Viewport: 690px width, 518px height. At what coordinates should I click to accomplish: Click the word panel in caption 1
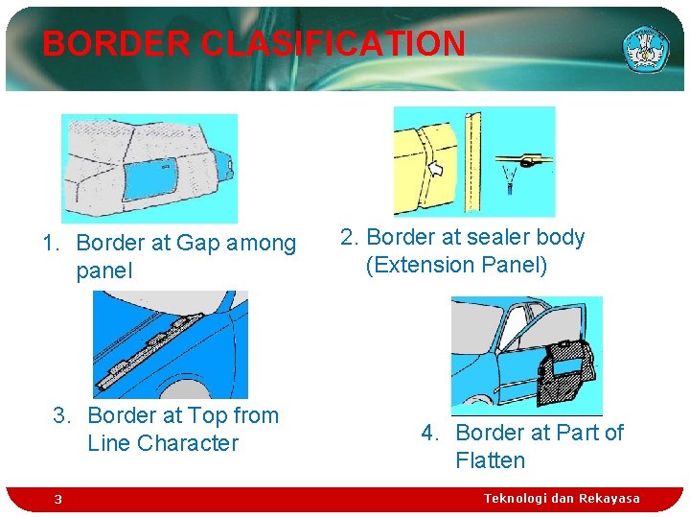[103, 271]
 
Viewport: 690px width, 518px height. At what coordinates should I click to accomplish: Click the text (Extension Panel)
[456, 265]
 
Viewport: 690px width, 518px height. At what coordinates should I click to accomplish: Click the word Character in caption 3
[187, 443]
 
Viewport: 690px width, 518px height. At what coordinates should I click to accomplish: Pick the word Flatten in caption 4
[490, 460]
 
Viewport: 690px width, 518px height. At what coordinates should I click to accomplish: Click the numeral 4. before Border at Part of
[429, 433]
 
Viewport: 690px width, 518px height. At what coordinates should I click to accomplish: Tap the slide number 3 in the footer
[57, 499]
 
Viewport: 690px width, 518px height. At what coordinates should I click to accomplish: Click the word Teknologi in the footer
[518, 498]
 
